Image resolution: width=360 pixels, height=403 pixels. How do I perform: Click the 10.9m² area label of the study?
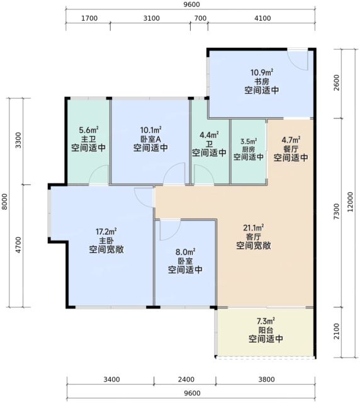coord(262,72)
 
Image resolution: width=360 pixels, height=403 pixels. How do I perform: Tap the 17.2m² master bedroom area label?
coord(106,232)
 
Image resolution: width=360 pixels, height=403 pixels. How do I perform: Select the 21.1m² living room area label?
coord(254,228)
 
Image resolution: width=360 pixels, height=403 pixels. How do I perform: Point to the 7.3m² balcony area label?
coord(266,321)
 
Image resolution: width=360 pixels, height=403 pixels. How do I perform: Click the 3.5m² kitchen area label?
coord(249,141)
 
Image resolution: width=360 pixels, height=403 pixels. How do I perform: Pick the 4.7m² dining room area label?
coord(291,140)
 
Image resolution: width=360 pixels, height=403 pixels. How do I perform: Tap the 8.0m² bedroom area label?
coord(185,252)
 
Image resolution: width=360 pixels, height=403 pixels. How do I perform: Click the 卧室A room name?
coord(150,139)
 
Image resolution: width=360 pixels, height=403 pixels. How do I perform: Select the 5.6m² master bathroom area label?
coord(89,130)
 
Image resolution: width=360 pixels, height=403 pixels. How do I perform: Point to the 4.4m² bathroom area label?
coord(209,135)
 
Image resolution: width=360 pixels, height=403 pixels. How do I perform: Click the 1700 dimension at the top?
coord(89,18)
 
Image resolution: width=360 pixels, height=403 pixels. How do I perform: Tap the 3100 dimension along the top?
coord(151,18)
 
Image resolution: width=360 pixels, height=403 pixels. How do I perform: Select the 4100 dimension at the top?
coord(262,18)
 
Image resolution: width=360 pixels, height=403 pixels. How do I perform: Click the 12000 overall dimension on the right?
coord(350,201)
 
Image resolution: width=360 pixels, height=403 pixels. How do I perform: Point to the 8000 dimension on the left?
coord(4,201)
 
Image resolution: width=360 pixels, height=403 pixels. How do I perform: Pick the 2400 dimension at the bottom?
coord(186,379)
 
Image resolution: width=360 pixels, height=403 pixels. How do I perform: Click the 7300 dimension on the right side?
coord(336,212)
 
